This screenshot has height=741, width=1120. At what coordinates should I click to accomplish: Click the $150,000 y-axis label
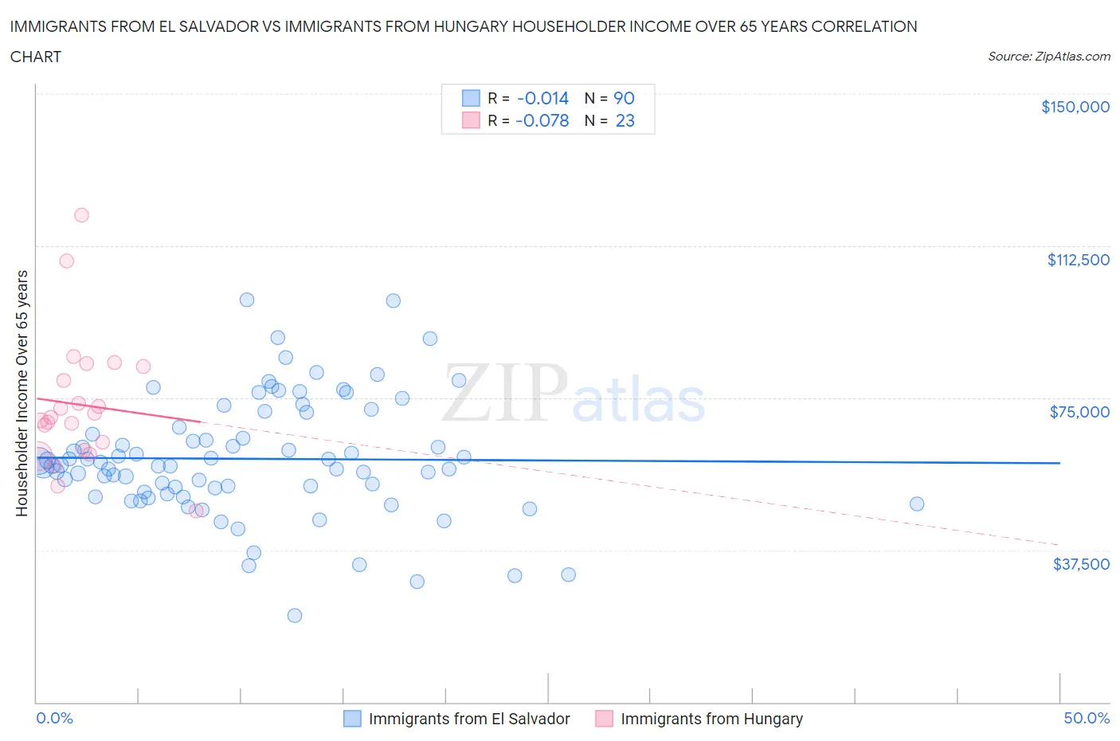[1075, 108]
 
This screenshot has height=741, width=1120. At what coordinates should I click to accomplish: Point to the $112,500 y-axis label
[1078, 260]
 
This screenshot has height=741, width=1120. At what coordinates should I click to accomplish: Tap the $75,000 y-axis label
[1079, 412]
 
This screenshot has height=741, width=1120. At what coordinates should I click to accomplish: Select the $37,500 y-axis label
[1081, 564]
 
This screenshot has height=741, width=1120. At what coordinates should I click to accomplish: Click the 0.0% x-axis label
[54, 719]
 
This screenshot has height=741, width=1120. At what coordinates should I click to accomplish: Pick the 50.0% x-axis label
[1087, 719]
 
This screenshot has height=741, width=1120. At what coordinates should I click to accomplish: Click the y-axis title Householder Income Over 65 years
[22, 393]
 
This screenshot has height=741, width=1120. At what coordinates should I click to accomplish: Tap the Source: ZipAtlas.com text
[1048, 57]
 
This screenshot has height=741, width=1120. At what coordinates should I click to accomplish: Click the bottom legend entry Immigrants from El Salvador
[469, 719]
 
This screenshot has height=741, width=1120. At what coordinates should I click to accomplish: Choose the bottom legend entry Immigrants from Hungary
[711, 719]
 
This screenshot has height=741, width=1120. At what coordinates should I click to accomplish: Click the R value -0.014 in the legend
[542, 98]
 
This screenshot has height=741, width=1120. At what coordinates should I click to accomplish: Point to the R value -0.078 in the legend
[542, 120]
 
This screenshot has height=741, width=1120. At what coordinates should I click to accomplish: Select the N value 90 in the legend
[624, 98]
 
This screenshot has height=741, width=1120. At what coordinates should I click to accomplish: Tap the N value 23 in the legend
[625, 120]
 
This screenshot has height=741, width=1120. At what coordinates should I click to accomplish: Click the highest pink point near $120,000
[81, 215]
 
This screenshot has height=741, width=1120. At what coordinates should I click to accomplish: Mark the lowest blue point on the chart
[294, 615]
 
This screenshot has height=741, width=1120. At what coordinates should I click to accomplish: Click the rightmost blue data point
[917, 504]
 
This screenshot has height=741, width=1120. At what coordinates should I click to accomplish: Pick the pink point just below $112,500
[67, 261]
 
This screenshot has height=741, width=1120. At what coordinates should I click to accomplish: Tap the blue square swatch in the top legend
[471, 98]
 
